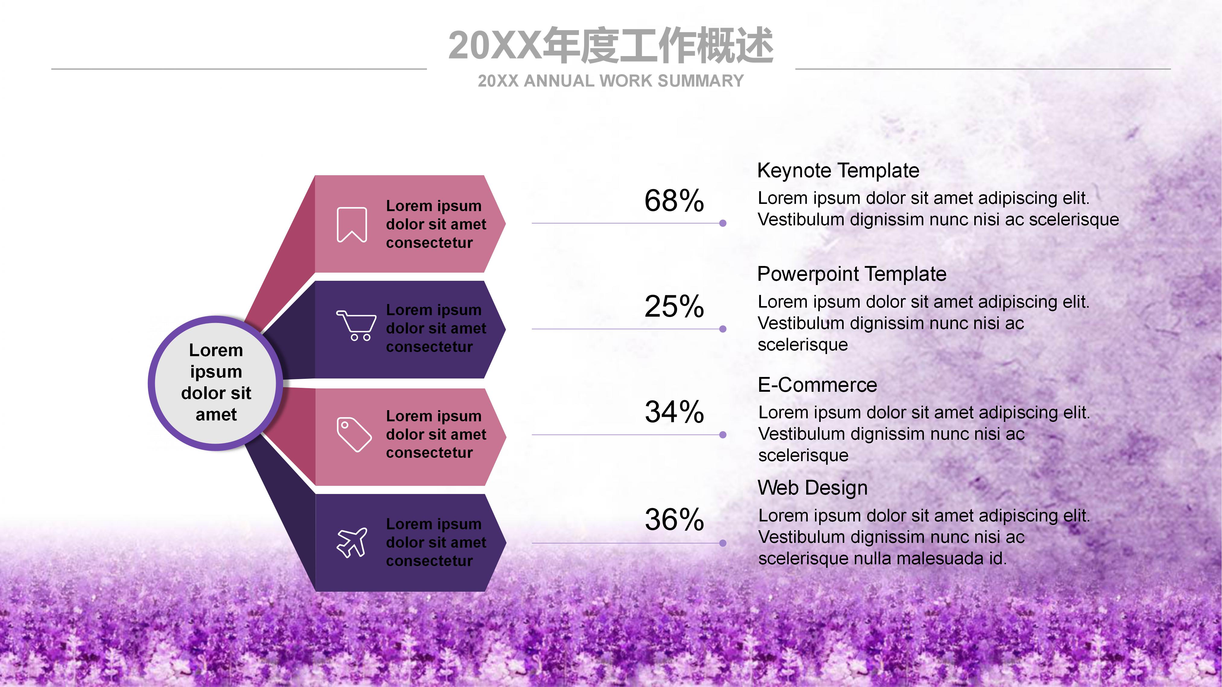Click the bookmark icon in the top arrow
[352, 225]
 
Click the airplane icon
[352, 543]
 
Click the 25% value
[674, 306]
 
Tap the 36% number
[674, 520]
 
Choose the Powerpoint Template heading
[851, 274]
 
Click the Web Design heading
[812, 488]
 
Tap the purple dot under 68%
[722, 223]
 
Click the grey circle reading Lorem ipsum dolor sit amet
[216, 383]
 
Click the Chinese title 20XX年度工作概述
[610, 46]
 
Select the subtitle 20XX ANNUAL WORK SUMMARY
[610, 81]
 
